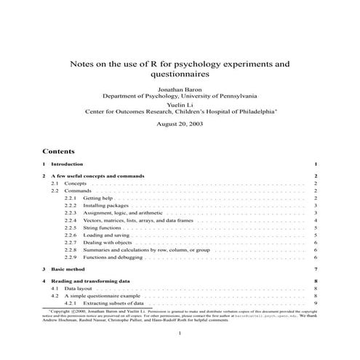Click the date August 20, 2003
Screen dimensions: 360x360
pyautogui.click(x=180, y=124)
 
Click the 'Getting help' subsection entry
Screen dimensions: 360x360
pyautogui.click(x=97, y=198)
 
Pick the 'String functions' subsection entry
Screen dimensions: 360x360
pyautogui.click(x=102, y=228)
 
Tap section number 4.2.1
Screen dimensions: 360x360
pyautogui.click(x=70, y=303)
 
